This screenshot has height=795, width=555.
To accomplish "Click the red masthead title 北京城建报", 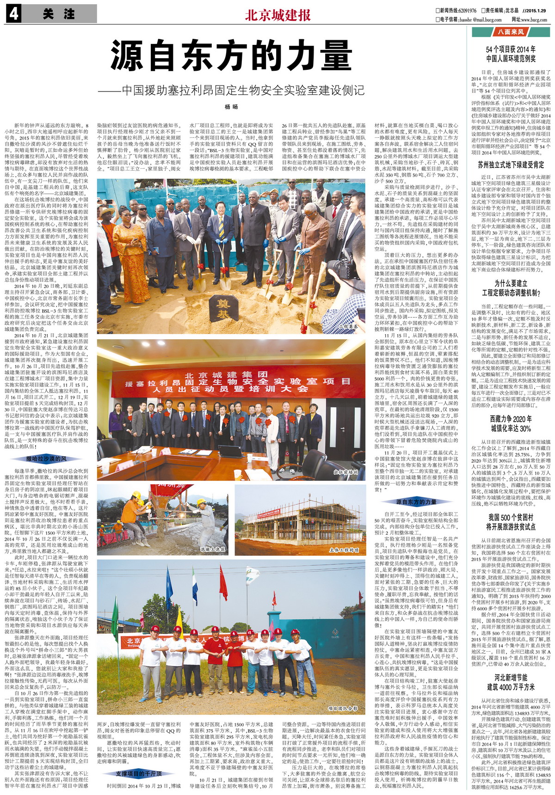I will (x=277, y=15).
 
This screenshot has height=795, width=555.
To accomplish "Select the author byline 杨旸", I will (x=231, y=107).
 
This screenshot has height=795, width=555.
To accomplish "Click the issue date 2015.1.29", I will (x=536, y=10).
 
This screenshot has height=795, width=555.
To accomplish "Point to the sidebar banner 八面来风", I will (x=511, y=32).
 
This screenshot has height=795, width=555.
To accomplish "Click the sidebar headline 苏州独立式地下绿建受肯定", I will (x=511, y=165).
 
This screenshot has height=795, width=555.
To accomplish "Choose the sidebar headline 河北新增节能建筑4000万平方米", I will (x=511, y=682).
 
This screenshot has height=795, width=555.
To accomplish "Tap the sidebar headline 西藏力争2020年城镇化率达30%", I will (x=511, y=423).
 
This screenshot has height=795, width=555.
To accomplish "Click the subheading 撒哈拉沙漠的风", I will (x=46, y=459).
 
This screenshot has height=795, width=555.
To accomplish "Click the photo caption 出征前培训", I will (x=345, y=472).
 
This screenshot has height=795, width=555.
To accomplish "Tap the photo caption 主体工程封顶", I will (x=344, y=550).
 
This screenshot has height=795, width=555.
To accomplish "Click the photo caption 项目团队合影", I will (x=343, y=708).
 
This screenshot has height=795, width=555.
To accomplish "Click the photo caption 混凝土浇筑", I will (x=212, y=550).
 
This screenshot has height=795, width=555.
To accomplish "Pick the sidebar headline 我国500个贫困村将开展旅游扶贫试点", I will (x=511, y=522).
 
